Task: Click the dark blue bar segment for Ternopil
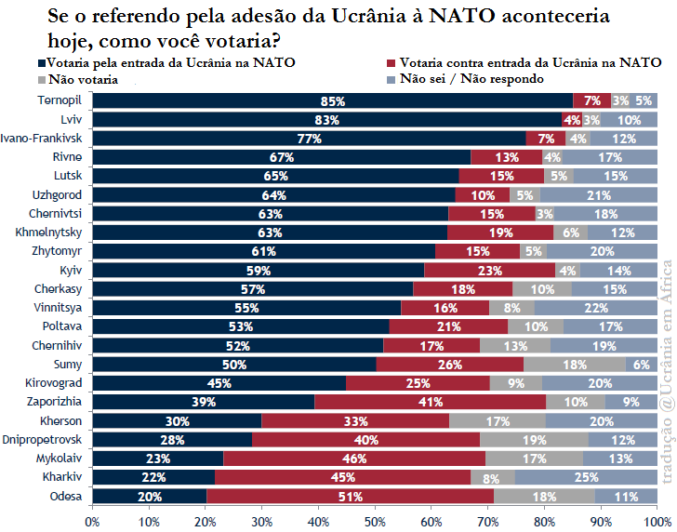[333, 100]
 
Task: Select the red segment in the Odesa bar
[350, 497]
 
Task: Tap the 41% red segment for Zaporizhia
[430, 402]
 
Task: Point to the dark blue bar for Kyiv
[259, 271]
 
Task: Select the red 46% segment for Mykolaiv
[354, 459]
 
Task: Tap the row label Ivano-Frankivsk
[43, 138]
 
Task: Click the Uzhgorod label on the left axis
[59, 194]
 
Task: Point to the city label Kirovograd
[57, 383]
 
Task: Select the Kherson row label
[62, 420]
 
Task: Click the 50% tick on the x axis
[375, 519]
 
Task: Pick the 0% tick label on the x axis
[93, 519]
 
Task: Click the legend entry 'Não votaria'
[82, 79]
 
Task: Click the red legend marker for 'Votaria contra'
[392, 63]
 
